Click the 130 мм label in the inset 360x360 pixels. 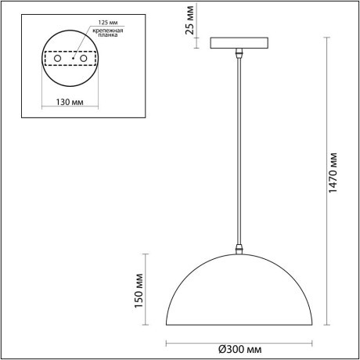[70, 102]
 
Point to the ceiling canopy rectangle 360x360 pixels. [239, 43]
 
